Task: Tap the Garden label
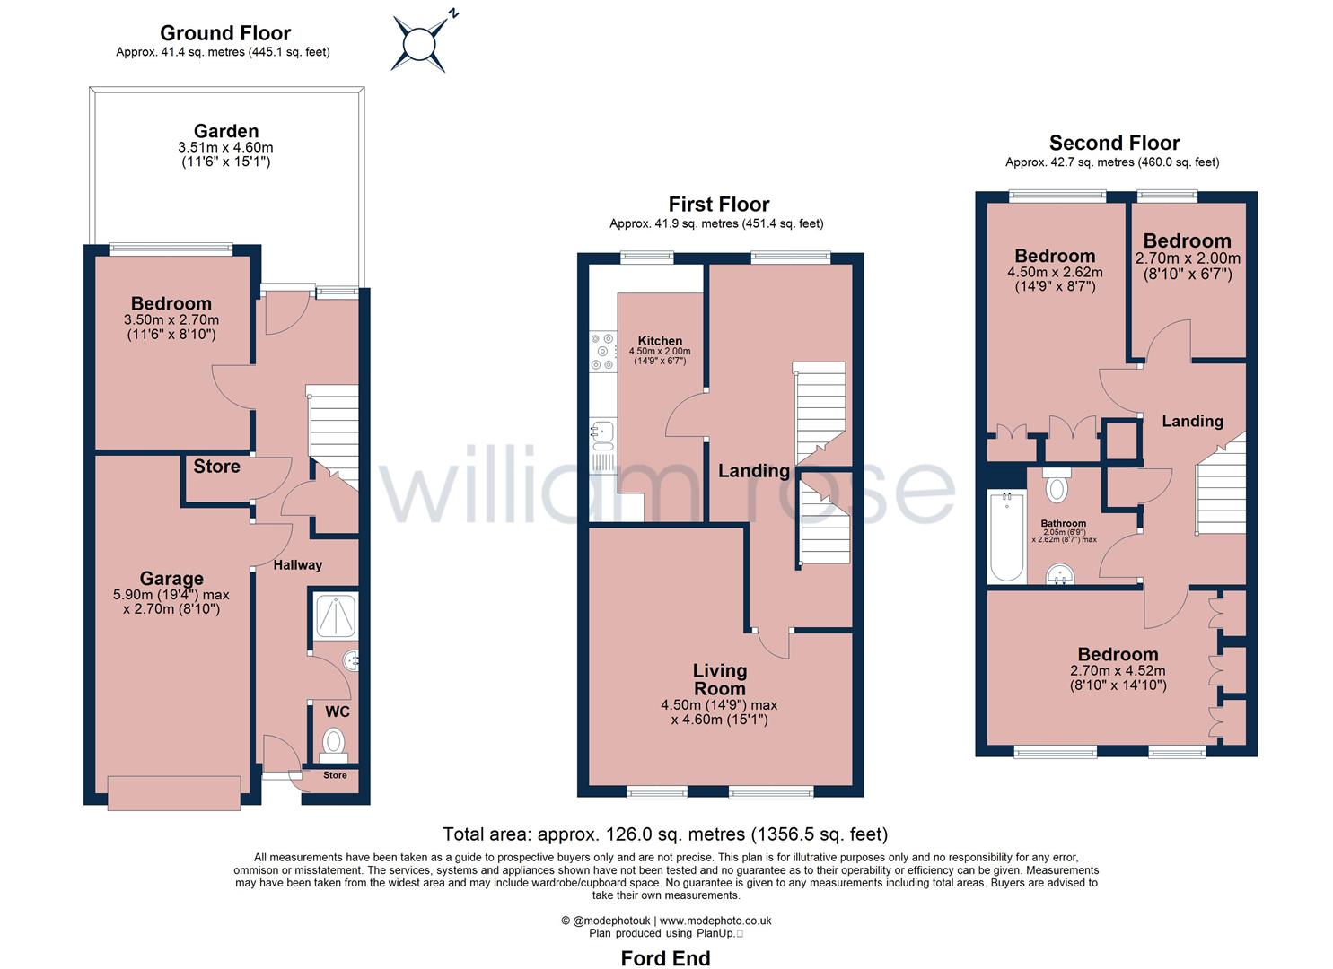(226, 131)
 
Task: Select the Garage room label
(171, 578)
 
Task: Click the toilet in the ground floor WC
(333, 746)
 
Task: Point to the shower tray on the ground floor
(335, 615)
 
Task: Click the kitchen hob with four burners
(603, 352)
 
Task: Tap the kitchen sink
(603, 435)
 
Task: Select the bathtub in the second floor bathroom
(1006, 537)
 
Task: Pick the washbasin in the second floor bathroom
(1060, 574)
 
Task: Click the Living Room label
(720, 679)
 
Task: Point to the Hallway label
(297, 565)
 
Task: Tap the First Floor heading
(718, 205)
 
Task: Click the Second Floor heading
(1114, 143)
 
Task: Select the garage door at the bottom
(174, 793)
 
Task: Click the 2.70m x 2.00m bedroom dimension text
(1188, 258)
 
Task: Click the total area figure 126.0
(631, 834)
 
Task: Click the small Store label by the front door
(335, 775)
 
